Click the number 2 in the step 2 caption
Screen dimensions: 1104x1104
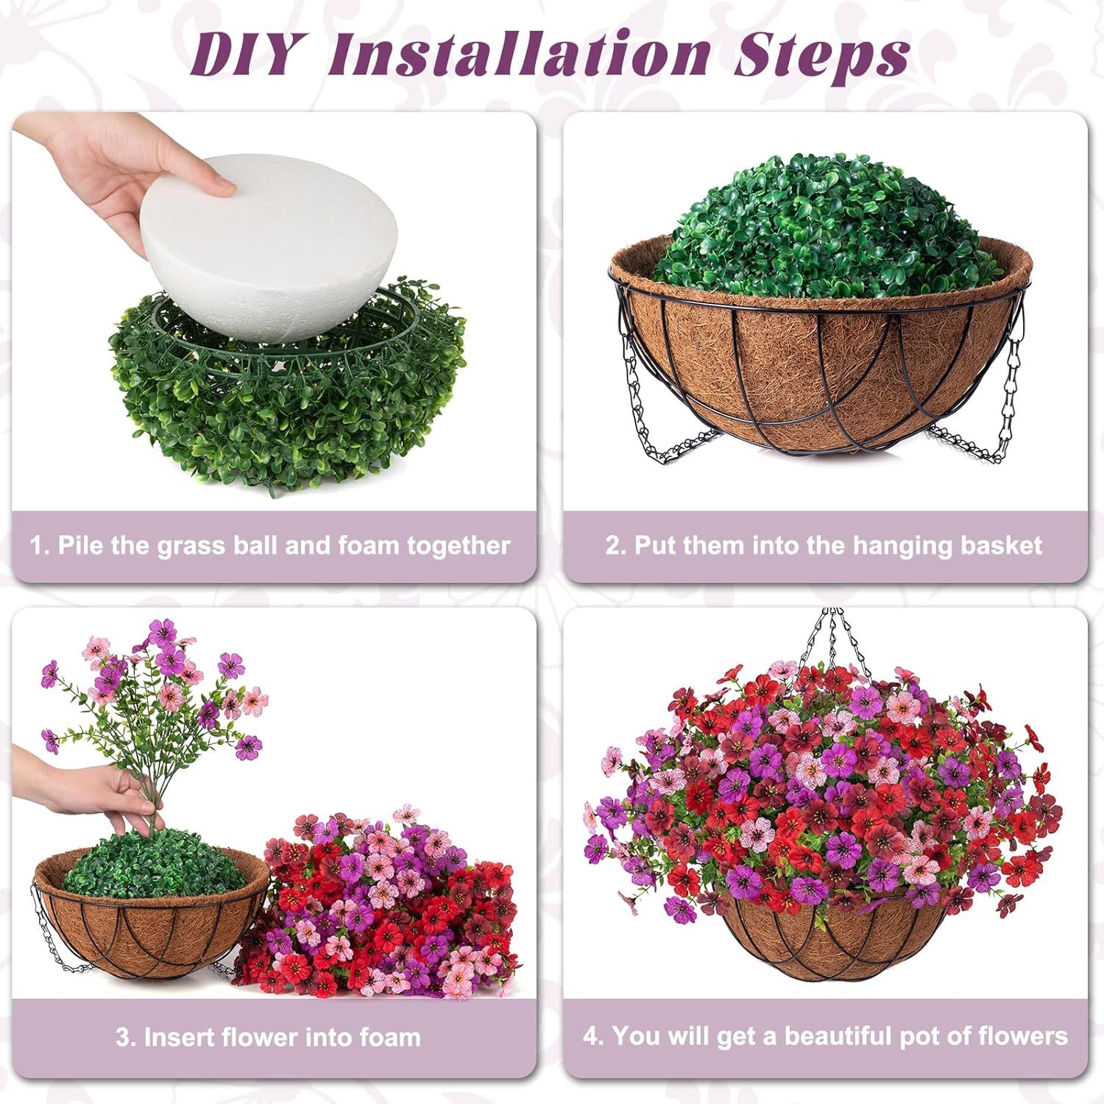[x=612, y=546]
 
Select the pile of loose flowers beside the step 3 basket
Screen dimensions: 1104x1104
[x=383, y=905]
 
